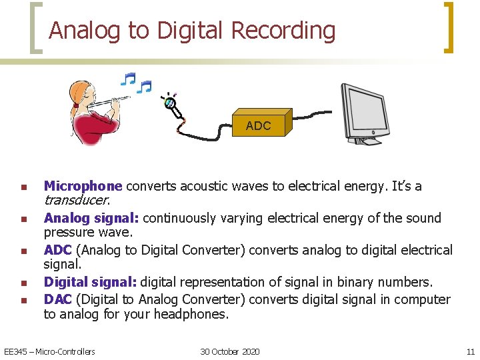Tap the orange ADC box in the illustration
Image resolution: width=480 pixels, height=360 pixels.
click(x=258, y=125)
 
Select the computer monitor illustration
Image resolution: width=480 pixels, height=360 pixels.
click(x=364, y=112)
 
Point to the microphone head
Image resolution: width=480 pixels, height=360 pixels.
click(x=170, y=103)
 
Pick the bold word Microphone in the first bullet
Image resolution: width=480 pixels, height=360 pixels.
click(x=83, y=186)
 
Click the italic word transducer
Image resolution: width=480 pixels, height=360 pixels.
click(x=76, y=200)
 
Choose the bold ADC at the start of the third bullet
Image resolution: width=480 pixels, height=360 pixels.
click(x=57, y=250)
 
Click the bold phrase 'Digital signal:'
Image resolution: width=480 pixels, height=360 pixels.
click(x=91, y=282)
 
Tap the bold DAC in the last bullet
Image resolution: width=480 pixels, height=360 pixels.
click(x=57, y=299)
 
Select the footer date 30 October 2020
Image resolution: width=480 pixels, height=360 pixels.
click(x=230, y=351)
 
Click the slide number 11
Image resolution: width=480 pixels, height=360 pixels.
click(x=470, y=351)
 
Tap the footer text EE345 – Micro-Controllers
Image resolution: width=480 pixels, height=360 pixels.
click(x=50, y=351)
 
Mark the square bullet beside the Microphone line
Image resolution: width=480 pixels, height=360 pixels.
click(x=23, y=187)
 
